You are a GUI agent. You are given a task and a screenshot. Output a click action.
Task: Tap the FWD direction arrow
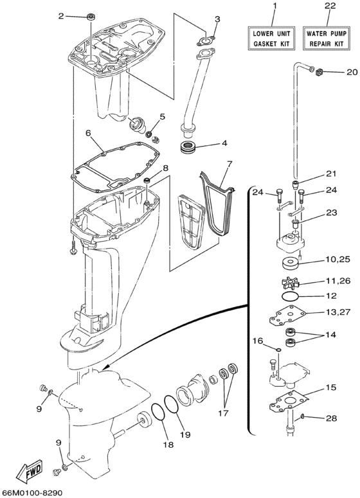coord(30,474)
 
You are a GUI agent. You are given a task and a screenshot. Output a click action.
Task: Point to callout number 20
coord(351,71)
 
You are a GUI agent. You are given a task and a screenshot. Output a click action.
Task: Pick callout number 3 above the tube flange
coord(217,19)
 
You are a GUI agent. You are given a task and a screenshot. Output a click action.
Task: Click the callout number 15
coord(330,387)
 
